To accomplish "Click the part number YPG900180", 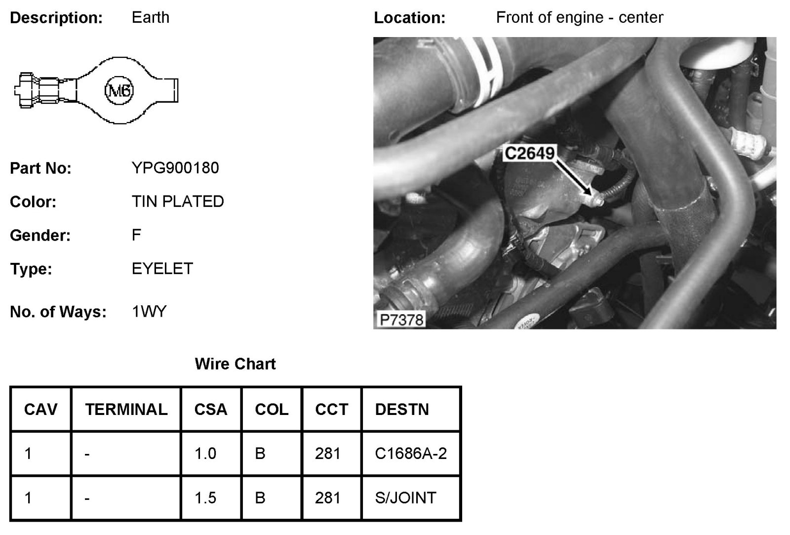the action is point(175,168).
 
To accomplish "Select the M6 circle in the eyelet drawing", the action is point(119,90).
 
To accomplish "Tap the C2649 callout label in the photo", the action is point(529,153).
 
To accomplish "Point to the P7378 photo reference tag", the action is point(402,320).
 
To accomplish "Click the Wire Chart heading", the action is point(235,364).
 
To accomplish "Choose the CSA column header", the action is point(211,410).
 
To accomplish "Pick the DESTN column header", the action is point(402,410).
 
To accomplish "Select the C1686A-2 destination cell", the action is point(411,453).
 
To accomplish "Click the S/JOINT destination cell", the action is point(405,497).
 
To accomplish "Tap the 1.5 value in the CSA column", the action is point(205,497).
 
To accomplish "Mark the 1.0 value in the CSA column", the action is point(205,453).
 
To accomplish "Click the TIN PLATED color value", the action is point(178,202).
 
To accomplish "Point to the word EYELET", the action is point(162,269).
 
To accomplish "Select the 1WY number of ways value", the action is point(149,312).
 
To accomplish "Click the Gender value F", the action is point(137,235).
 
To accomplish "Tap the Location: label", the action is point(409,18).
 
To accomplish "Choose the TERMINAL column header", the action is point(126,410).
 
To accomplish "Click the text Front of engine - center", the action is point(580,18).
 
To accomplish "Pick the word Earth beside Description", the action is point(151,18).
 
